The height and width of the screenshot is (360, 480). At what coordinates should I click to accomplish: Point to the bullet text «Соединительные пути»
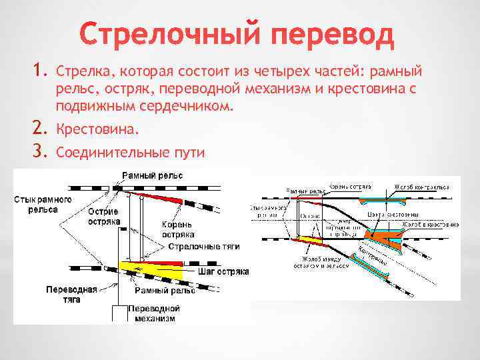[131, 153]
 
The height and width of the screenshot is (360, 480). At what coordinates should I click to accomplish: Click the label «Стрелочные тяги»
[203, 247]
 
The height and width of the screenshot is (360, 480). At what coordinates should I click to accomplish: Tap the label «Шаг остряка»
[223, 272]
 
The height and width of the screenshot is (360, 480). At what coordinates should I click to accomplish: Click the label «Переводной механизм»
[154, 313]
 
